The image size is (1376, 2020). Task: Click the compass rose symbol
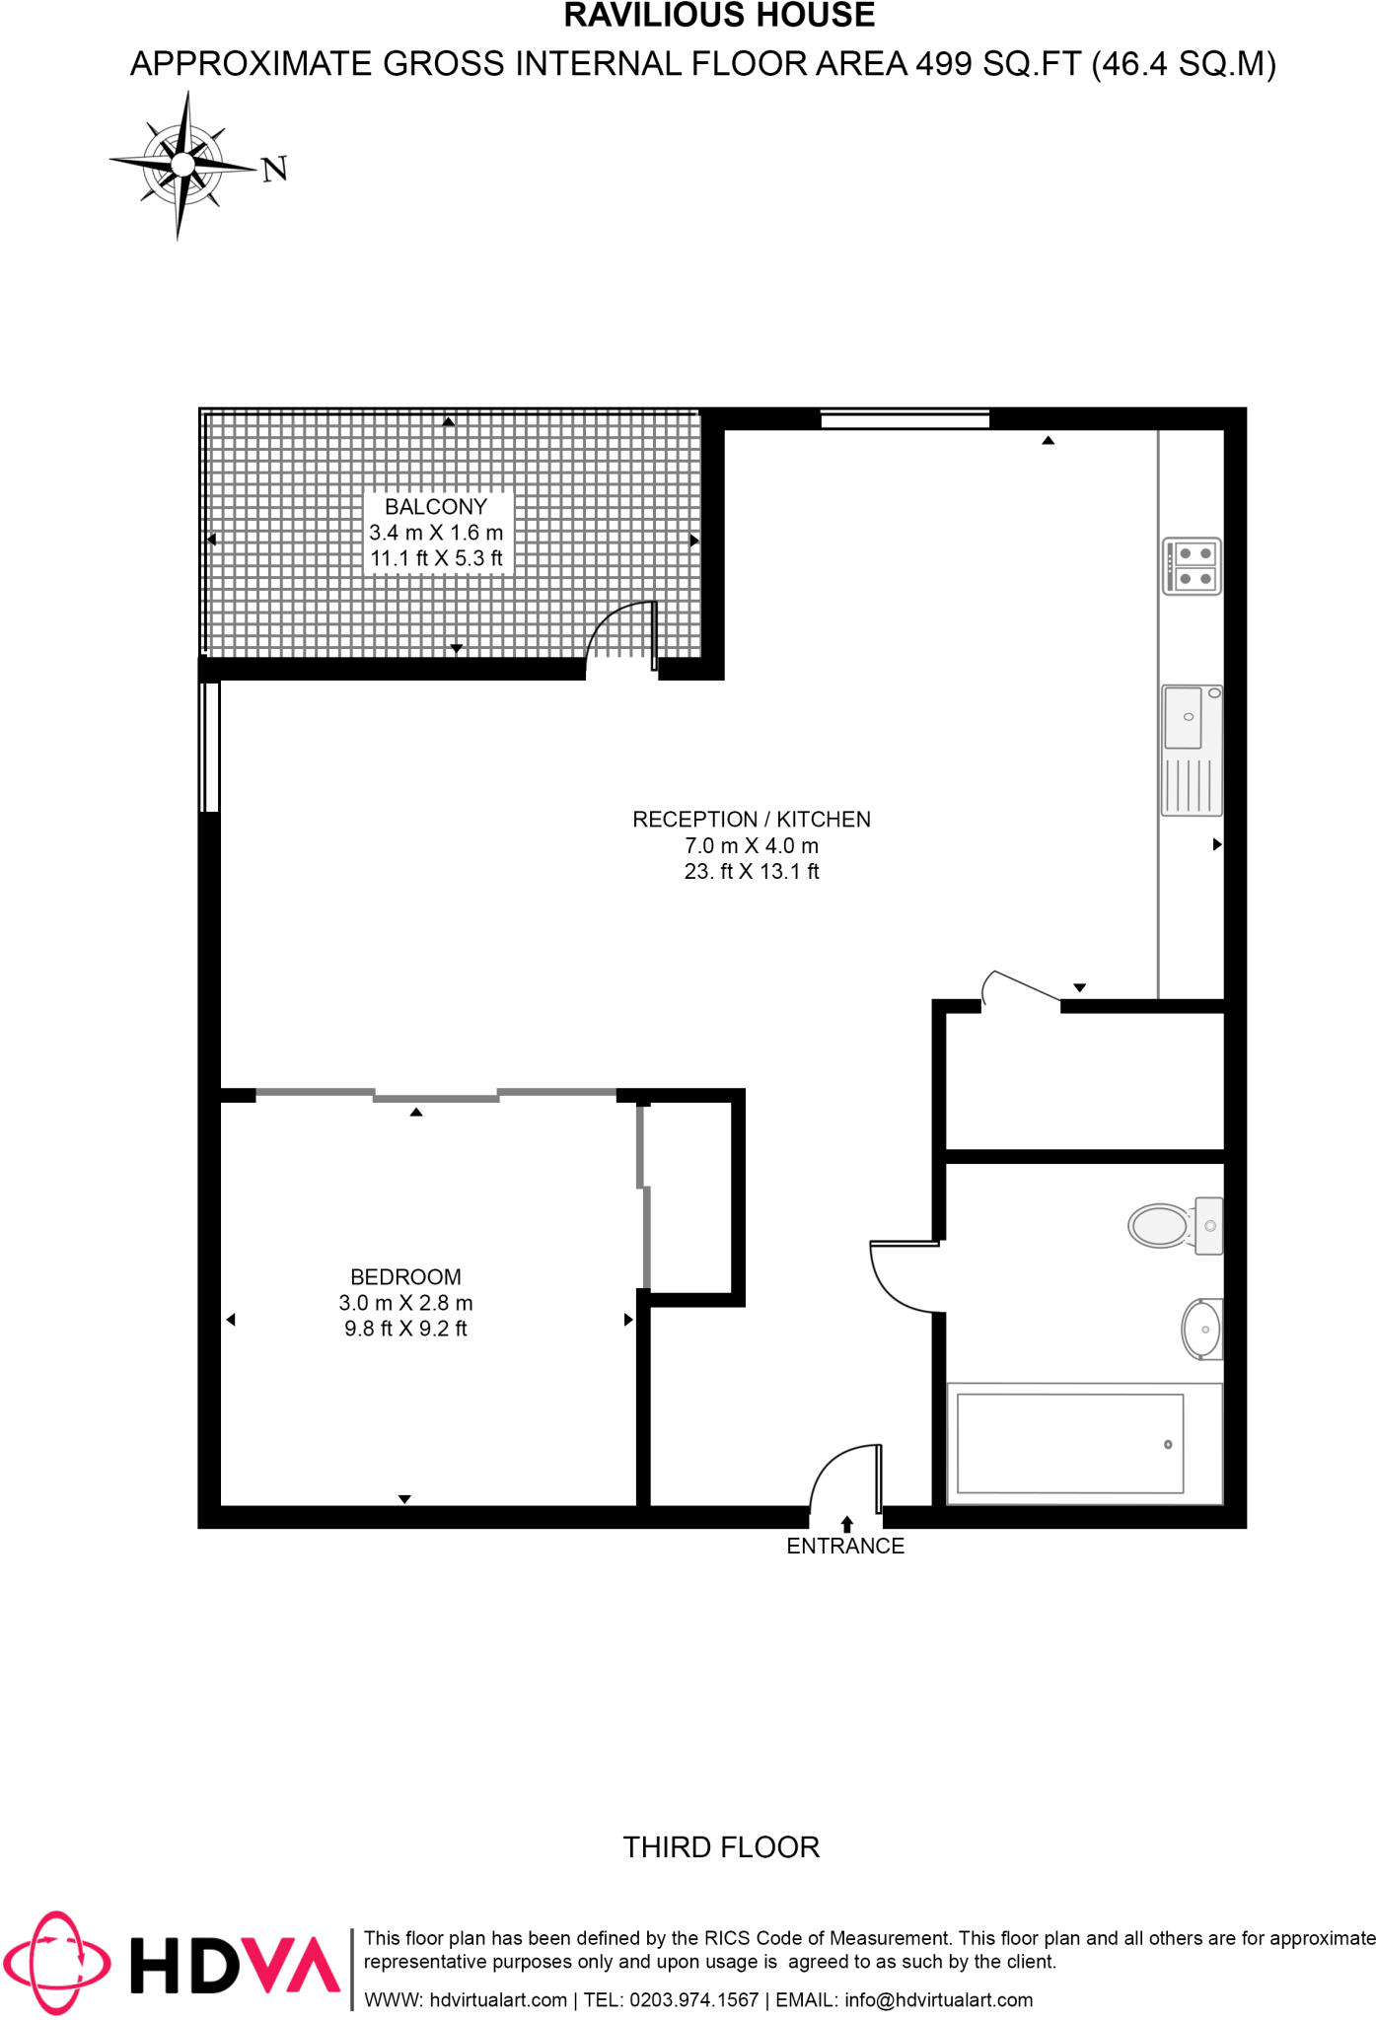(x=182, y=165)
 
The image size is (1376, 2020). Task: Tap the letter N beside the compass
(x=275, y=170)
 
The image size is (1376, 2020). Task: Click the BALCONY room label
(x=436, y=507)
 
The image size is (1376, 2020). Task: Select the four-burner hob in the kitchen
(x=1193, y=566)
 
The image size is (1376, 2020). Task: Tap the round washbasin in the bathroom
(x=1202, y=1329)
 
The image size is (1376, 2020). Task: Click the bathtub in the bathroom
(x=1070, y=1443)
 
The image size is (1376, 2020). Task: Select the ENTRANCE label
(x=845, y=1546)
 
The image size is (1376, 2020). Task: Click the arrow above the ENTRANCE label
(x=847, y=1524)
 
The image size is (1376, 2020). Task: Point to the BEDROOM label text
(x=405, y=1276)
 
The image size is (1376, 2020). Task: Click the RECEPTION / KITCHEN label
(x=752, y=819)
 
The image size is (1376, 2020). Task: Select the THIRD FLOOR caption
(x=721, y=1847)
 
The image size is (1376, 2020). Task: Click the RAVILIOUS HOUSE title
(x=720, y=16)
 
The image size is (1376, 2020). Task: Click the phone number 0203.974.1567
(x=693, y=2000)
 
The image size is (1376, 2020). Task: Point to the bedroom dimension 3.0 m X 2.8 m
(x=405, y=1303)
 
